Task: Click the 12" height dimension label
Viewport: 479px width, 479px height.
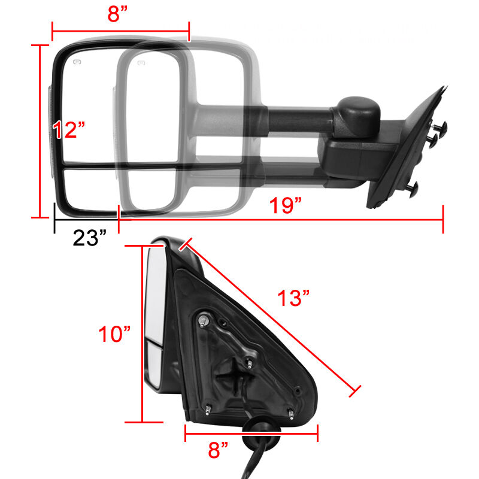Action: click(x=69, y=129)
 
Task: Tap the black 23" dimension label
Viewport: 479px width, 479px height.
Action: click(x=89, y=238)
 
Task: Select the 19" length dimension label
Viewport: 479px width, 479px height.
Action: click(x=286, y=205)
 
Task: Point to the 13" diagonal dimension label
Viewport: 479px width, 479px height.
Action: click(x=293, y=298)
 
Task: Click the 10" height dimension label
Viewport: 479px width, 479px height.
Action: click(x=114, y=334)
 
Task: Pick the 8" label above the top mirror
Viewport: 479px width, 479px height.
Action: click(x=117, y=14)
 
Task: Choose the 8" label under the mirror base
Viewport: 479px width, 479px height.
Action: click(x=218, y=450)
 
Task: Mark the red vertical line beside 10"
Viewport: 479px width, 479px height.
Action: click(x=143, y=334)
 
